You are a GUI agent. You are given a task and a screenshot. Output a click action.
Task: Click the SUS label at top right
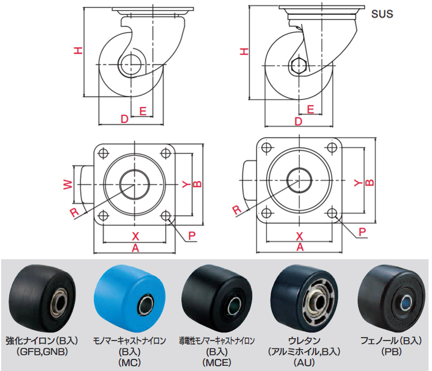click(381, 13)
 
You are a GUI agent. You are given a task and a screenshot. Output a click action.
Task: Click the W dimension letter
click(67, 184)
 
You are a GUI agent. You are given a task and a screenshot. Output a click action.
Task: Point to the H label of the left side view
click(78, 51)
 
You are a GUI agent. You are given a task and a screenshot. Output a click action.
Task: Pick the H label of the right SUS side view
click(245, 52)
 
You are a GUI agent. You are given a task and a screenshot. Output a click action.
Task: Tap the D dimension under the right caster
click(298, 122)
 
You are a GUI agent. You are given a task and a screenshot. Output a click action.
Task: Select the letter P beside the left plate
click(192, 236)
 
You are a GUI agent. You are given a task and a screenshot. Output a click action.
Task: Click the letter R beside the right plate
click(237, 209)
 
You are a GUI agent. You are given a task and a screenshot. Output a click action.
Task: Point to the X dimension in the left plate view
click(136, 236)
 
